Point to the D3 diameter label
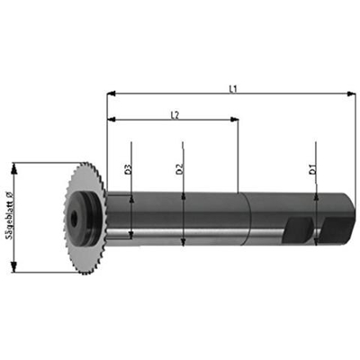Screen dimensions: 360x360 point(128,168)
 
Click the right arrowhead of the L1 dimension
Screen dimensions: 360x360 point(352,93)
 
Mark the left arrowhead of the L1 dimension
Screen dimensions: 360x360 point(111,93)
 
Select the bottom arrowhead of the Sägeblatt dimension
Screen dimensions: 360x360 point(14,269)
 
